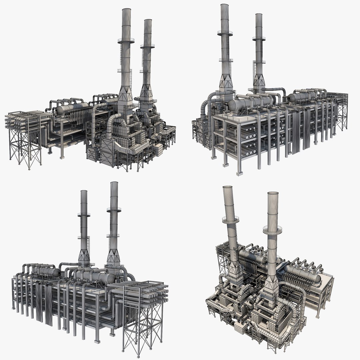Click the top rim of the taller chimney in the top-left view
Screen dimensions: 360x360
pyautogui.click(x=126, y=10)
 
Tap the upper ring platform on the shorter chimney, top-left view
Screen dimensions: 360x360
pyautogui.click(x=147, y=46)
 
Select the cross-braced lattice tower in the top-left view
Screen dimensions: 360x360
pyautogui.click(x=25, y=147)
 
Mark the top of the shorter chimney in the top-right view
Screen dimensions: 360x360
pyautogui.click(x=258, y=15)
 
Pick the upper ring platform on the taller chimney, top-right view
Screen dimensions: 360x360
pyautogui.click(x=225, y=33)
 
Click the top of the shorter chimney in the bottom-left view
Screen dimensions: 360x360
pyautogui.click(x=84, y=192)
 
